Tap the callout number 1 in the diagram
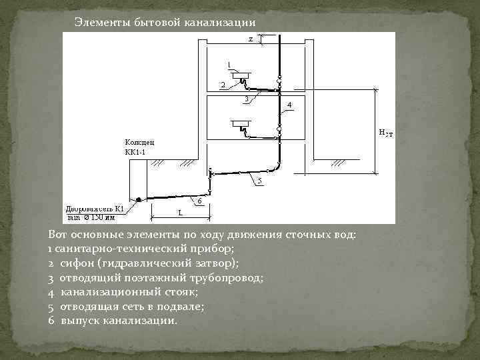tap(229, 64)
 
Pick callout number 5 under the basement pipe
tap(259, 181)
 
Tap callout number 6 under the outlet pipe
tap(199, 200)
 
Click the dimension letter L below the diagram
tap(180, 213)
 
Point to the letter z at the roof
tap(251, 39)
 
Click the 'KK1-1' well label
tap(135, 152)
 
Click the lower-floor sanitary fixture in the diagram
tap(241, 124)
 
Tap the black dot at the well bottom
tap(138, 199)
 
